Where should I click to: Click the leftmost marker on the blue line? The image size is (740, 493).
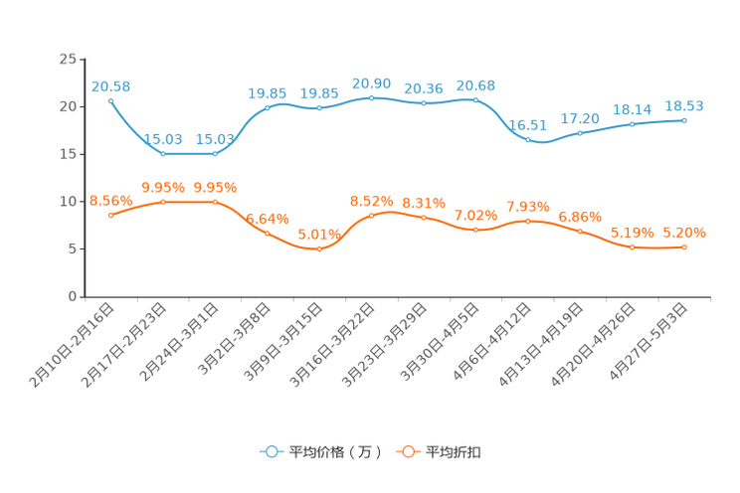(x=110, y=99)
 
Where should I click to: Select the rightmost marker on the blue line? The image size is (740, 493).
(x=684, y=119)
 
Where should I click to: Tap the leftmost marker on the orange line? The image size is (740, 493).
(x=110, y=215)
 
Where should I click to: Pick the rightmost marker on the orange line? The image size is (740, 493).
(x=684, y=246)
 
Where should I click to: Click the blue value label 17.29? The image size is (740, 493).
(x=580, y=118)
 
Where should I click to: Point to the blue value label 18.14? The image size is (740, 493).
(x=632, y=108)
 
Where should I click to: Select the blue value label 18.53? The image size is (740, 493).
(x=684, y=104)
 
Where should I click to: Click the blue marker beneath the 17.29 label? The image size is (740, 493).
(x=580, y=133)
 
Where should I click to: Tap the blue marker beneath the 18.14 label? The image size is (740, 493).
(x=632, y=124)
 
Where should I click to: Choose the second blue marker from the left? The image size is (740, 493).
(x=162, y=154)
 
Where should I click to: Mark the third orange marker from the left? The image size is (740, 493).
(x=215, y=202)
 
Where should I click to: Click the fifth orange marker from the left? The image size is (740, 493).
(x=318, y=248)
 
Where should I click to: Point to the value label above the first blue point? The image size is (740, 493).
(x=110, y=86)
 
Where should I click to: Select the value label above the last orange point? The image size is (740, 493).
(x=684, y=232)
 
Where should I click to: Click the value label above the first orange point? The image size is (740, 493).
(x=110, y=201)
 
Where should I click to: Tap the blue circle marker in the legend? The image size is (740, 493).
(x=271, y=451)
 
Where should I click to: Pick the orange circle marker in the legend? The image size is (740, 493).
(x=407, y=451)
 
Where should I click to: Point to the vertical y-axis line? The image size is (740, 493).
(x=84, y=179)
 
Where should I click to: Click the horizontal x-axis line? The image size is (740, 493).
(x=398, y=296)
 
